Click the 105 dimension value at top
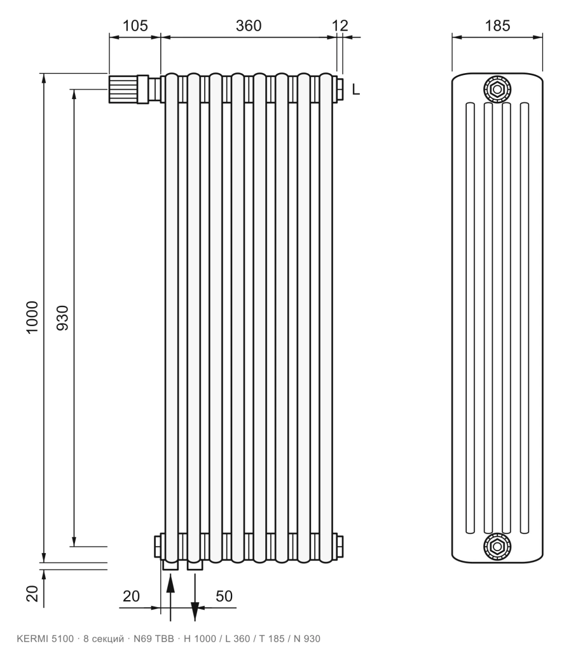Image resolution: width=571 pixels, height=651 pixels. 135,25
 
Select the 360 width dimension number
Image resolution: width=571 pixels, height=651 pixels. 249,25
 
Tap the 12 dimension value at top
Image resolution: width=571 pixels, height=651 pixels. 340,25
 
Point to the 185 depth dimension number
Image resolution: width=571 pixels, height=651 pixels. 497,25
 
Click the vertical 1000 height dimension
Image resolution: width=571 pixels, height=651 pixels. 32,317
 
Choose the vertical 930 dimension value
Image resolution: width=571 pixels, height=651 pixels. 62,318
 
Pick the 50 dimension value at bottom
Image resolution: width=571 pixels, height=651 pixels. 224,596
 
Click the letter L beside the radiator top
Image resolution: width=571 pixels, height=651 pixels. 356,89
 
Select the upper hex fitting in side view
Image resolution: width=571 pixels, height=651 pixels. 497,89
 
